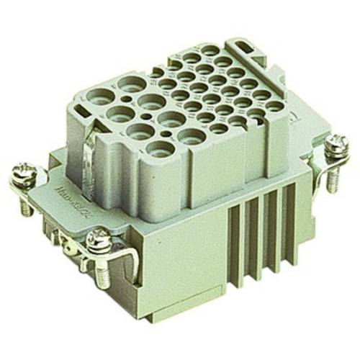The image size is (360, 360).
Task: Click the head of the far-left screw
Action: coord(20,173)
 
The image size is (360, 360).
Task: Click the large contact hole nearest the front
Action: coord(159,149)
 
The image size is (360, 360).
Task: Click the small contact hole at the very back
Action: coord(211,50)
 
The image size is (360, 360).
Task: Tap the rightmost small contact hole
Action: coord(275,106)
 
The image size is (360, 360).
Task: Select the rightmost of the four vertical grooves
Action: coord(282,194)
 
